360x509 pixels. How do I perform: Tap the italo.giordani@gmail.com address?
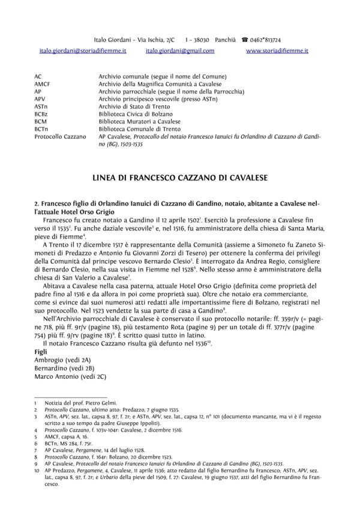pyautogui.click(x=180, y=52)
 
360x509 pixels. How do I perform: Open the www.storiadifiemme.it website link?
pyautogui.click(x=277, y=52)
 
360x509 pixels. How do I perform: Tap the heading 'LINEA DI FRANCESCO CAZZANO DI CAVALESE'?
pyautogui.click(x=180, y=177)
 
